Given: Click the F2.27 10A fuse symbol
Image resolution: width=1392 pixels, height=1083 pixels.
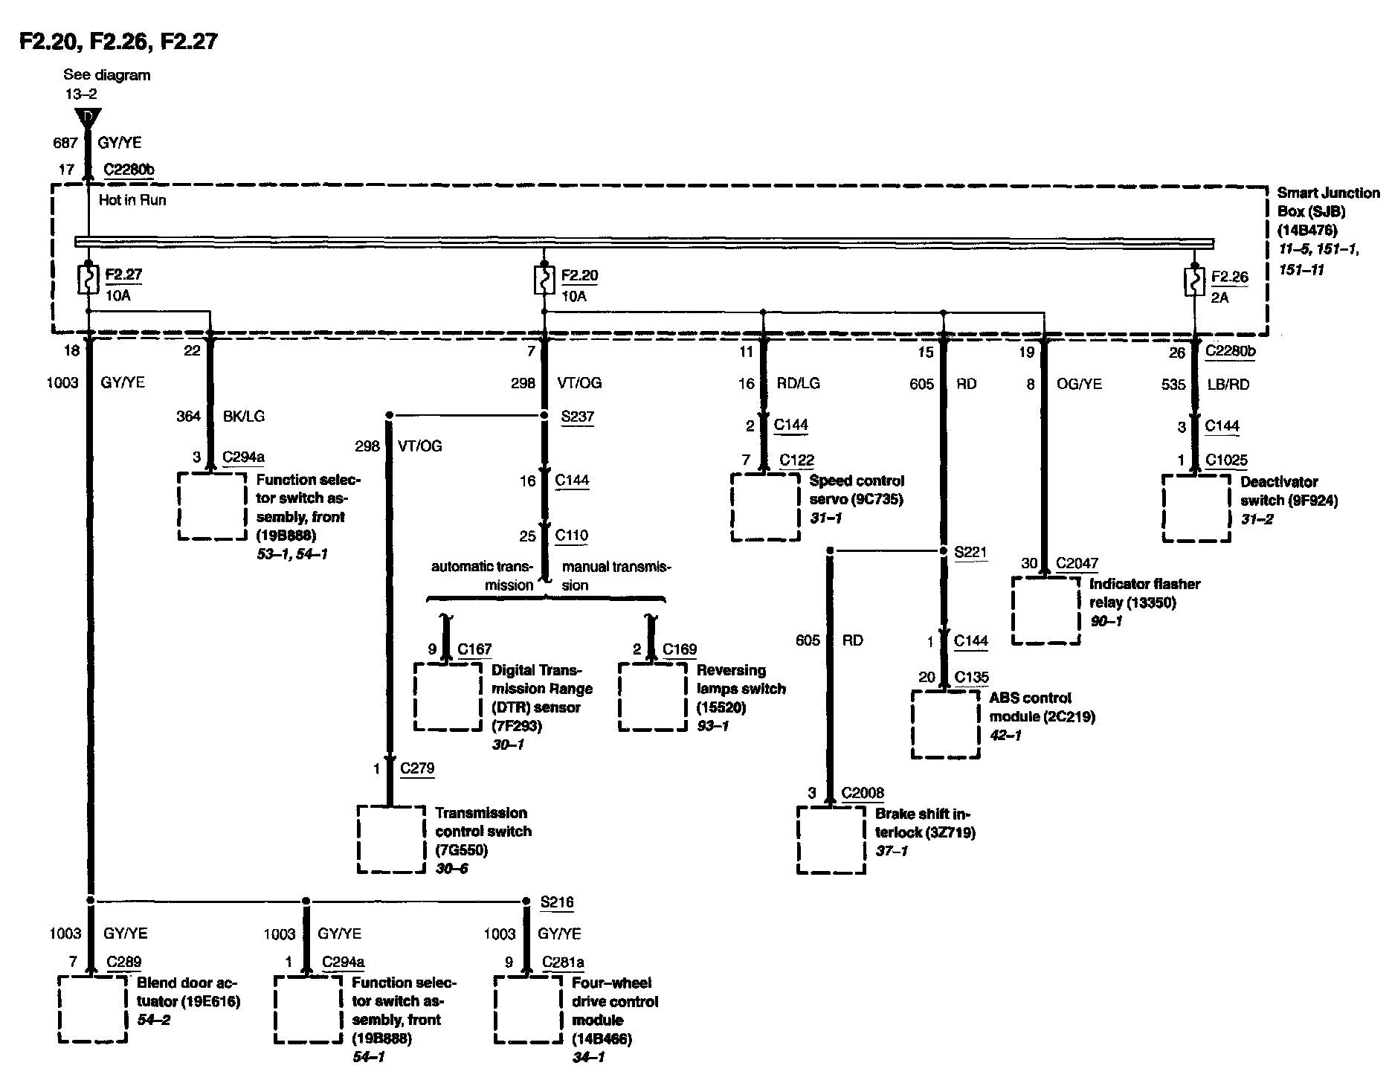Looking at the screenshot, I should (x=88, y=281).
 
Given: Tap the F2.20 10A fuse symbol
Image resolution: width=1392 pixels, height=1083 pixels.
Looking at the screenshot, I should (x=544, y=281).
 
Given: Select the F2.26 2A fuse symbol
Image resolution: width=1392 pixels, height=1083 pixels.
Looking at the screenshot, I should (x=1194, y=283).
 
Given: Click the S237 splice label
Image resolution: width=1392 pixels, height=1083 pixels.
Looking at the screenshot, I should (x=577, y=416).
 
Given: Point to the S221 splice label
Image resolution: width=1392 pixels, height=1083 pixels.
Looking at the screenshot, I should (x=970, y=552).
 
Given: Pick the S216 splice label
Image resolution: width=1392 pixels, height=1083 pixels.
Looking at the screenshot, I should (x=557, y=902).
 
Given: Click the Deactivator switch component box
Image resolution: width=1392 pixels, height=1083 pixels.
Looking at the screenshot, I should (x=1196, y=509).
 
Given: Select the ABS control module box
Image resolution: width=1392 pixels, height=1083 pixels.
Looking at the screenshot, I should (x=945, y=724).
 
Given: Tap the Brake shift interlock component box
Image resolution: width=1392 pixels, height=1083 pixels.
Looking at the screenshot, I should (x=831, y=840).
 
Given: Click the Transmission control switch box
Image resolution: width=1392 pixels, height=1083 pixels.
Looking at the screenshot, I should (x=391, y=839).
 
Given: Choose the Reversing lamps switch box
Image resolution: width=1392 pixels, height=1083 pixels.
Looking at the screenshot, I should (x=652, y=697).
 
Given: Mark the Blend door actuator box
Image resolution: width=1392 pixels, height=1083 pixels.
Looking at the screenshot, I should (x=92, y=1009).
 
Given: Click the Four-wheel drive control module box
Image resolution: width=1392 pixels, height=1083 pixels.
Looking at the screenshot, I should (x=528, y=1009).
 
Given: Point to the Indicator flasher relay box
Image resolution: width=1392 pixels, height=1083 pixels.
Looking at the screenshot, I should (x=1045, y=611).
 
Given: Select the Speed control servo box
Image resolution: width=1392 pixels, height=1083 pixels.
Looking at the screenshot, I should (x=765, y=507).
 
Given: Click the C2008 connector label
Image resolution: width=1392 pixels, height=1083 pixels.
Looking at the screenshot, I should (x=863, y=793).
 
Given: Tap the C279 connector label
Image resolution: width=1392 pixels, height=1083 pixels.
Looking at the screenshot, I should (x=417, y=768).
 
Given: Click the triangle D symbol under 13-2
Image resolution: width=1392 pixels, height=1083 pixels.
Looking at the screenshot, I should (x=88, y=118).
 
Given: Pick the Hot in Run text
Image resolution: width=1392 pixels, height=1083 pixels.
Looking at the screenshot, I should (x=132, y=200).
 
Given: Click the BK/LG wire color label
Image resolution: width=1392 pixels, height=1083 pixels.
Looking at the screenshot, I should (x=244, y=416).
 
